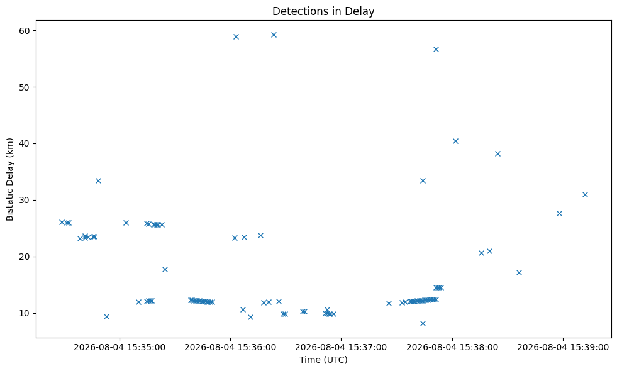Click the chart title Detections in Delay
pyautogui.click(x=323, y=11)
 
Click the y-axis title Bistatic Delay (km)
pyautogui.click(x=10, y=179)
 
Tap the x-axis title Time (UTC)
pyautogui.click(x=323, y=360)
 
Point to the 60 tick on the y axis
pyautogui.click(x=25, y=31)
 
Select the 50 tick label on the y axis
pyautogui.click(x=25, y=87)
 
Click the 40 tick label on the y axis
pyautogui.click(x=25, y=143)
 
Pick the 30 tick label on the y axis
pyautogui.click(x=25, y=200)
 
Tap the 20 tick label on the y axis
pyautogui.click(x=25, y=257)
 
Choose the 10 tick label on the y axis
pyautogui.click(x=25, y=313)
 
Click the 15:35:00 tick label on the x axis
pyautogui.click(x=120, y=347)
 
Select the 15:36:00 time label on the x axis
pyautogui.click(x=230, y=347)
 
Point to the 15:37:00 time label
pyautogui.click(x=341, y=347)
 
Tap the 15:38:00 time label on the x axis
pyautogui.click(x=452, y=347)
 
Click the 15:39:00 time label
pyautogui.click(x=563, y=347)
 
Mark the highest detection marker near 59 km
pyautogui.click(x=274, y=35)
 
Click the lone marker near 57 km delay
pyautogui.click(x=436, y=49)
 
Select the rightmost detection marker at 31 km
pyautogui.click(x=585, y=194)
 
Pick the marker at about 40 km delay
pyautogui.click(x=455, y=141)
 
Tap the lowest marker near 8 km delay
pyautogui.click(x=423, y=323)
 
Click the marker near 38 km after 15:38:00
pyautogui.click(x=497, y=154)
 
